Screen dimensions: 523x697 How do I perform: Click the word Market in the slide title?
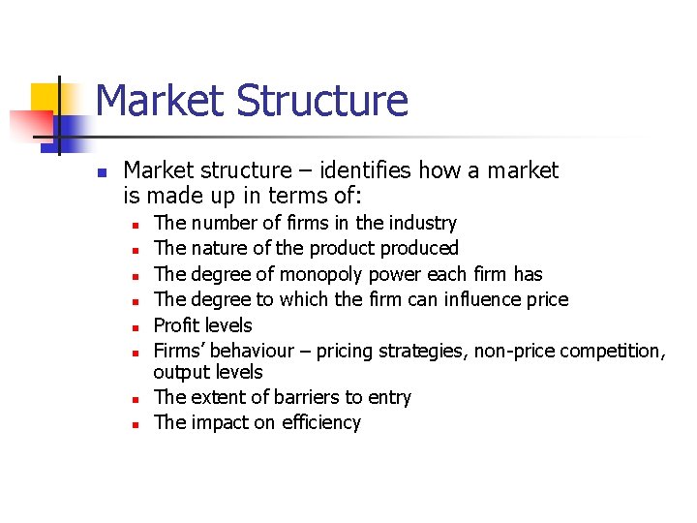(160, 101)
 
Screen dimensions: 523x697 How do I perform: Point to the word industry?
(422, 223)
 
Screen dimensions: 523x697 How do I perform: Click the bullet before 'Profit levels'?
(136, 326)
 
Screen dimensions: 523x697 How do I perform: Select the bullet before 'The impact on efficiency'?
(136, 423)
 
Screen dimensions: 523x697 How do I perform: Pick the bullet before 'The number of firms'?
(136, 224)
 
